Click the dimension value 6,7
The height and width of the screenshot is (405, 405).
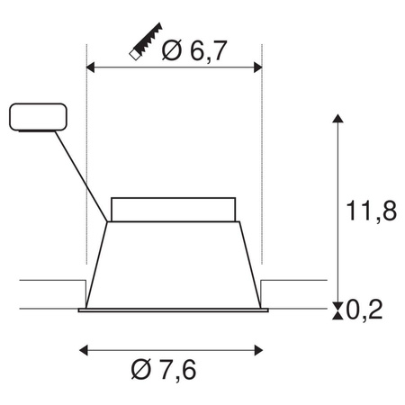208,51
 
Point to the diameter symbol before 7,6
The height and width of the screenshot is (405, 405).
141,371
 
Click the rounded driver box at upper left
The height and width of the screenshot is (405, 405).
37,117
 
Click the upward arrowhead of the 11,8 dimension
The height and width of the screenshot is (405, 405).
337,120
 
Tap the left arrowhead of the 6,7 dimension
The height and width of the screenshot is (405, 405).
89,67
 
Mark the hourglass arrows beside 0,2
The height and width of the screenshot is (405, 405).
337,311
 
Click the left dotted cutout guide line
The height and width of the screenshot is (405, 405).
85,180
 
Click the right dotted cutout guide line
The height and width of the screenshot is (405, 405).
261,180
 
